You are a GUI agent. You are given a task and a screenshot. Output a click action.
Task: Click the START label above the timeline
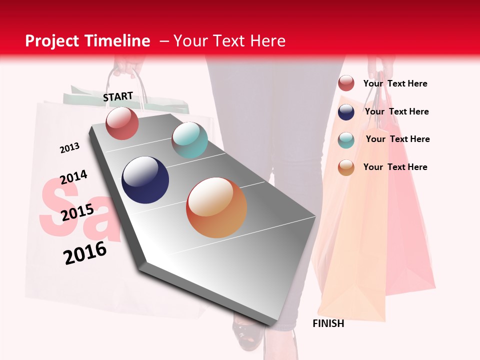[118, 96]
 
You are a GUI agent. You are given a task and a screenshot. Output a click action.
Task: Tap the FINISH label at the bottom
[328, 323]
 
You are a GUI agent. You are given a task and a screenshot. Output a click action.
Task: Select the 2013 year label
[69, 148]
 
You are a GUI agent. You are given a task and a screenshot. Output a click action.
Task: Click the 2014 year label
[73, 177]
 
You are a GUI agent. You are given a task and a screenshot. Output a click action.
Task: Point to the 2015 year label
[77, 212]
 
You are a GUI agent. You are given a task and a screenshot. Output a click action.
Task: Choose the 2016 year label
[85, 252]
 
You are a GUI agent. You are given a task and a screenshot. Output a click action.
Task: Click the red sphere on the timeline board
[122, 123]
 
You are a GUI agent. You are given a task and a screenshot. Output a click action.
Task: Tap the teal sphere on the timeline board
[189, 140]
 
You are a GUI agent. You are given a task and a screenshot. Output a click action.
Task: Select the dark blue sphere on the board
[145, 179]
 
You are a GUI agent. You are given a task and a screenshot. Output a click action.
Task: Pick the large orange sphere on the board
[216, 207]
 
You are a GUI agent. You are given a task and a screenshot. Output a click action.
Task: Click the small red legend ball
[346, 83]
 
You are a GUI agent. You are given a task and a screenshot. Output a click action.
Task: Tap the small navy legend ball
[346, 112]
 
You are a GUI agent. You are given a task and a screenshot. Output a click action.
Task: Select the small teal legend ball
[346, 140]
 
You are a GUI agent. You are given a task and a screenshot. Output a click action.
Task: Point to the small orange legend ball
[346, 167]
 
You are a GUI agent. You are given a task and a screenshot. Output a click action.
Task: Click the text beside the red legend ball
[395, 83]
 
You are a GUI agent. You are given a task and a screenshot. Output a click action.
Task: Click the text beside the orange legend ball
[395, 167]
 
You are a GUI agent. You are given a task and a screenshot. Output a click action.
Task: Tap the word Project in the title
[52, 41]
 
